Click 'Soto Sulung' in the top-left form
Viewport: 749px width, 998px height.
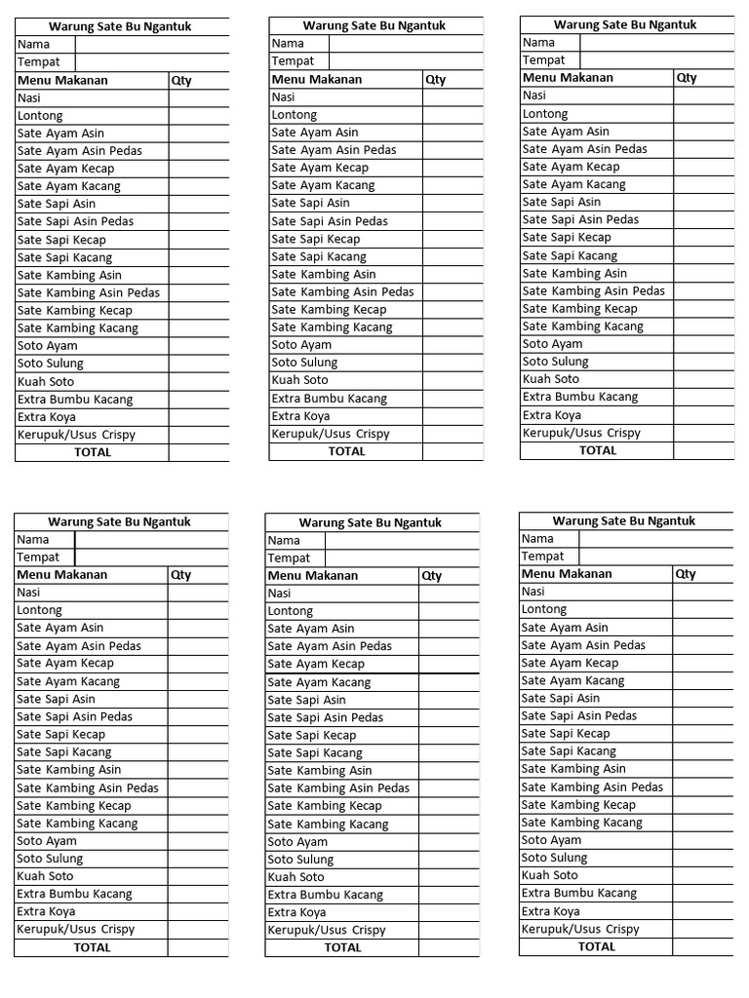click(x=51, y=364)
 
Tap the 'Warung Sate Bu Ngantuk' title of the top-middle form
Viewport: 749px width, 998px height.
click(x=375, y=25)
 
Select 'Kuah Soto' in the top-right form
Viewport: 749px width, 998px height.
click(x=551, y=379)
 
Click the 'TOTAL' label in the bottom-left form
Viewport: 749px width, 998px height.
click(x=93, y=947)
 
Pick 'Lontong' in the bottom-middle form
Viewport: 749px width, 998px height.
click(x=291, y=611)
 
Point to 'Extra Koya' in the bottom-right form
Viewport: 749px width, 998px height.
click(x=551, y=911)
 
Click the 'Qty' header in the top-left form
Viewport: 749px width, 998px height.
click(x=181, y=81)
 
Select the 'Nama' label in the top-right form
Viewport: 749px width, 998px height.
click(x=538, y=42)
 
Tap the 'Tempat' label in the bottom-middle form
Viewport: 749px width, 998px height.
click(x=289, y=558)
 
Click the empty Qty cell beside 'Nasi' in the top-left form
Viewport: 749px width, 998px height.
click(x=199, y=97)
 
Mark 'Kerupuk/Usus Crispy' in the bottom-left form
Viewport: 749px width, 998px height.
click(x=76, y=929)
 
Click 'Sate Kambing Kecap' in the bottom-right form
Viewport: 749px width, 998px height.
click(x=578, y=805)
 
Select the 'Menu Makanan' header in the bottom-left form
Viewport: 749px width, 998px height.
click(x=62, y=575)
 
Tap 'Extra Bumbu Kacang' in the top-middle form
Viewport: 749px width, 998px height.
click(x=330, y=399)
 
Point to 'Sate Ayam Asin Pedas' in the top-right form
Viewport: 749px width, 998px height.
click(x=585, y=149)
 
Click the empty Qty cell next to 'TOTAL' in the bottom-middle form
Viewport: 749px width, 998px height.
click(x=449, y=947)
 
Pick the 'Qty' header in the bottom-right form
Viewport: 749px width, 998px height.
click(x=686, y=574)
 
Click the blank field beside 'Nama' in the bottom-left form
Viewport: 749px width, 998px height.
click(x=151, y=540)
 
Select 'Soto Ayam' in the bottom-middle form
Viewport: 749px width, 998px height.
click(x=298, y=842)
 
